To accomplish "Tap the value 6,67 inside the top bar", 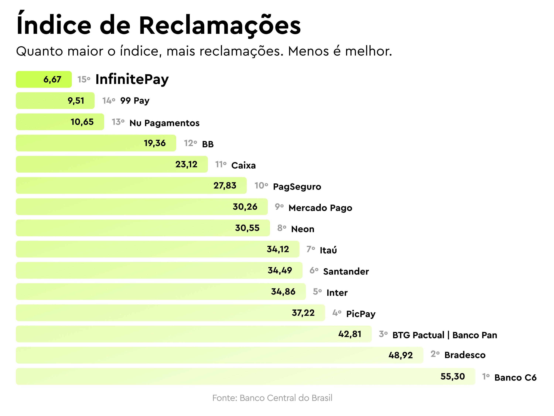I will pyautogui.click(x=52, y=80).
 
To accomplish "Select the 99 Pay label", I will pyautogui.click(x=135, y=101).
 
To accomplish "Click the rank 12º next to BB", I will pyautogui.click(x=190, y=143).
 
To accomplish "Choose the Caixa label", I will pyautogui.click(x=243, y=165).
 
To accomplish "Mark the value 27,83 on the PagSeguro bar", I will pyautogui.click(x=225, y=186).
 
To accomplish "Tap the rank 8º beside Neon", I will pyautogui.click(x=281, y=228).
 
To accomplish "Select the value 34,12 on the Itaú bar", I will pyautogui.click(x=278, y=249).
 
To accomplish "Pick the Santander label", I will pyautogui.click(x=346, y=272).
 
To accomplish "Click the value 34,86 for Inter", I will pyautogui.click(x=283, y=292).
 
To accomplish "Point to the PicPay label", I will pyautogui.click(x=361, y=314).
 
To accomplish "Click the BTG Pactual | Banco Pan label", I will pyautogui.click(x=444, y=335).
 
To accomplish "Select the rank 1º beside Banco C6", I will pyautogui.click(x=486, y=376).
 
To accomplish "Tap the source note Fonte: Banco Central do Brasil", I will pyautogui.click(x=272, y=398).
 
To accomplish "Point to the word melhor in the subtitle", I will pyautogui.click(x=368, y=51).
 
